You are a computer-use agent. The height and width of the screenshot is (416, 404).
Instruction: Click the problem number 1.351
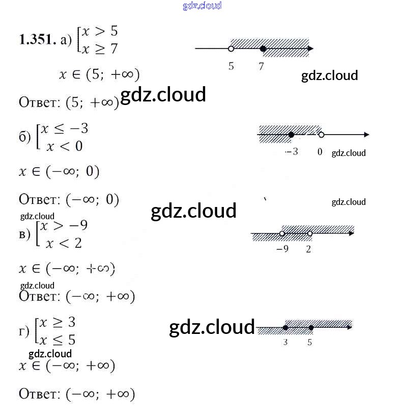coord(37,40)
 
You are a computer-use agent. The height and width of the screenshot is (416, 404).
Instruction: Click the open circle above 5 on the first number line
coord(231,49)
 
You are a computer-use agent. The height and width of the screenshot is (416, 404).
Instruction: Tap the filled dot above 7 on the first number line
coord(263,49)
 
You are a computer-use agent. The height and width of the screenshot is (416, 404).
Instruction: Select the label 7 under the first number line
coord(261,66)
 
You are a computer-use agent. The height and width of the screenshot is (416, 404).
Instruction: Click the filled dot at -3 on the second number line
coord(291,135)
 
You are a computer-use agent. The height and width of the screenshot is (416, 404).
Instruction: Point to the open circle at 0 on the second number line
coord(321,135)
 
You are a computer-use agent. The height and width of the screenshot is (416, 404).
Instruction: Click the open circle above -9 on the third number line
coord(282,233)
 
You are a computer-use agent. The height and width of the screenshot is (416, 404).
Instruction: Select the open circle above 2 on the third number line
coord(309,233)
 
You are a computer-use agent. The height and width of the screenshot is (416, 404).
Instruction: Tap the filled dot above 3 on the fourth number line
coord(285,327)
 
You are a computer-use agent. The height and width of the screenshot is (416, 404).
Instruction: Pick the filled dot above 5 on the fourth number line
coord(311,327)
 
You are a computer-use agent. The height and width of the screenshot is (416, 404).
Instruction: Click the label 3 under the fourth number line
coord(285,343)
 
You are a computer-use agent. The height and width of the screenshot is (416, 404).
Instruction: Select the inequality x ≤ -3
coord(64,129)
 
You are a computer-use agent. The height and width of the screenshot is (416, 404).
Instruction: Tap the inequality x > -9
coord(64,226)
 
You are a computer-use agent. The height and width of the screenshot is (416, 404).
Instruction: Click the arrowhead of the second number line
coord(366,135)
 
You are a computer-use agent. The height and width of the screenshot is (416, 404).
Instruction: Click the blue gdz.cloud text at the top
coord(202,6)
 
